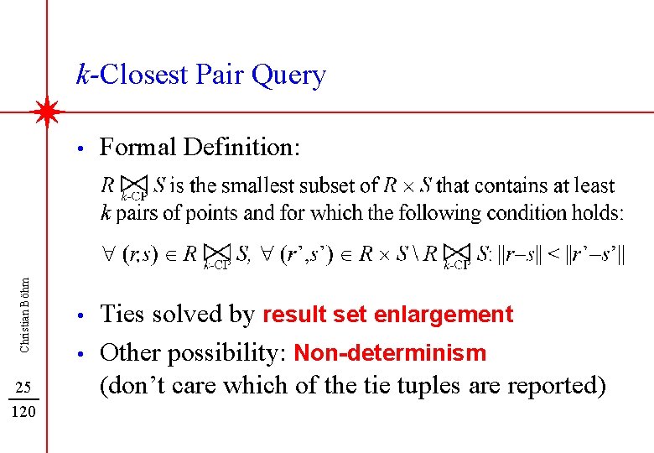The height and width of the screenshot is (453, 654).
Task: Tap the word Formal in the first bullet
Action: [x=138, y=148]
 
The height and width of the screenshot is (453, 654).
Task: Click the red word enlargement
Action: [x=444, y=315]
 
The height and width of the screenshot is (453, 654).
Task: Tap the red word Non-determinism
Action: [x=390, y=353]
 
